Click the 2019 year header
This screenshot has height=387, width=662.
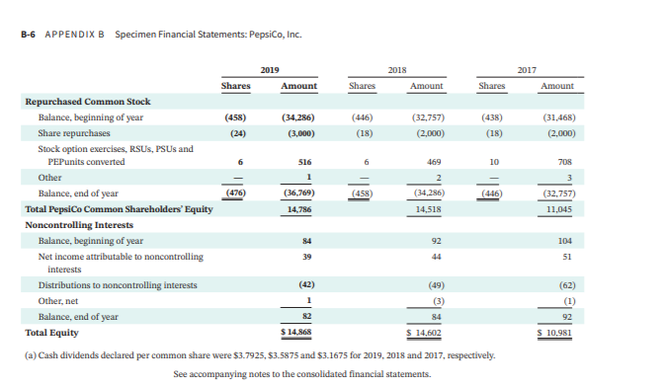[269, 70]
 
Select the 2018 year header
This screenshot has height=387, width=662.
[397, 70]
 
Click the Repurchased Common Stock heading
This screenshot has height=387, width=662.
[87, 102]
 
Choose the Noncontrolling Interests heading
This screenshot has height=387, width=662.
[80, 225]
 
